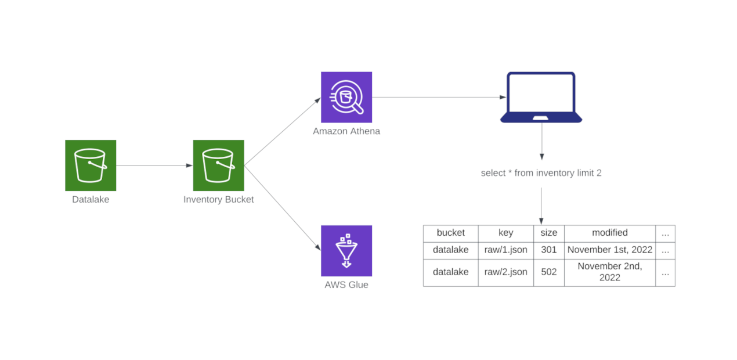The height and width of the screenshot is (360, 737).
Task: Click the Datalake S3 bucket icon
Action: (91, 165)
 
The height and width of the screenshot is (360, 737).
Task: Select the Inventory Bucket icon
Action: (218, 165)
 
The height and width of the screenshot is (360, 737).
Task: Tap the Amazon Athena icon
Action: (346, 97)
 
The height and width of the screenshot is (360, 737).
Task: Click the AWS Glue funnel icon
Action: (346, 251)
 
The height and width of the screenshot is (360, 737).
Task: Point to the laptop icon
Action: (541, 97)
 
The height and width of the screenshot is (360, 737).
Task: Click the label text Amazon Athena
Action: (346, 131)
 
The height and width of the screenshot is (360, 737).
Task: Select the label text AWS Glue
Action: (346, 285)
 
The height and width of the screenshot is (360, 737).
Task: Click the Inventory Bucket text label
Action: (218, 200)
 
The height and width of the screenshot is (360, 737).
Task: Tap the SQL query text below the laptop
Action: (541, 173)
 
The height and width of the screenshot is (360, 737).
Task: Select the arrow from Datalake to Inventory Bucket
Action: (154, 165)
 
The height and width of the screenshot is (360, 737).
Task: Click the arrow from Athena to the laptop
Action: (435, 97)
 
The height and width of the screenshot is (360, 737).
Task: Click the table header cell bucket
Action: (450, 233)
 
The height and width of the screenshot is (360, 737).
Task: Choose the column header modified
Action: (609, 233)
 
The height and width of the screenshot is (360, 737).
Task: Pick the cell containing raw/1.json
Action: (505, 250)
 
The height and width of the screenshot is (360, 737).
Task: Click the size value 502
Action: (548, 272)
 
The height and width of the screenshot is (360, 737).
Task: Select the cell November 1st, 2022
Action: (609, 250)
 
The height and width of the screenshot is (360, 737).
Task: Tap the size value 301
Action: (548, 250)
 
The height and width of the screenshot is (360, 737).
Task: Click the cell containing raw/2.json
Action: (505, 272)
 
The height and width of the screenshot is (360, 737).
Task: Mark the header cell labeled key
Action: (505, 233)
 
